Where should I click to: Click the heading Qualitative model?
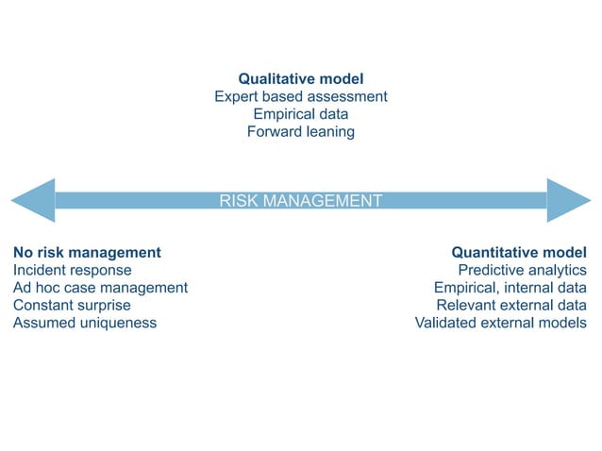click(x=300, y=79)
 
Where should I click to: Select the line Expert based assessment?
click(x=300, y=96)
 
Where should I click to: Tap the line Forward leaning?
click(x=300, y=132)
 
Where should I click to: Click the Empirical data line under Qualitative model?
click(x=300, y=114)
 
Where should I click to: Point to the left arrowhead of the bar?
click(x=33, y=200)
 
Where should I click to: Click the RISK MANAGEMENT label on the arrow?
click(x=300, y=200)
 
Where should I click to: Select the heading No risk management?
click(x=87, y=253)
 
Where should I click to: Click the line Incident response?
click(x=73, y=271)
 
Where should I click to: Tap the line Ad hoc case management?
click(x=100, y=288)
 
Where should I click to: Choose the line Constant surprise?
click(x=72, y=306)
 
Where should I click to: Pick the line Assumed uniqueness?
click(x=85, y=323)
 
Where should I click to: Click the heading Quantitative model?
click(x=519, y=253)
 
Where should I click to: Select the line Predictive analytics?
click(x=522, y=271)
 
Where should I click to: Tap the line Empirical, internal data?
click(x=510, y=288)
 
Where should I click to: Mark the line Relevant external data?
click(x=511, y=306)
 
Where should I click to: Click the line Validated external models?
click(x=500, y=323)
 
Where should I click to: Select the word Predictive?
click(x=489, y=271)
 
